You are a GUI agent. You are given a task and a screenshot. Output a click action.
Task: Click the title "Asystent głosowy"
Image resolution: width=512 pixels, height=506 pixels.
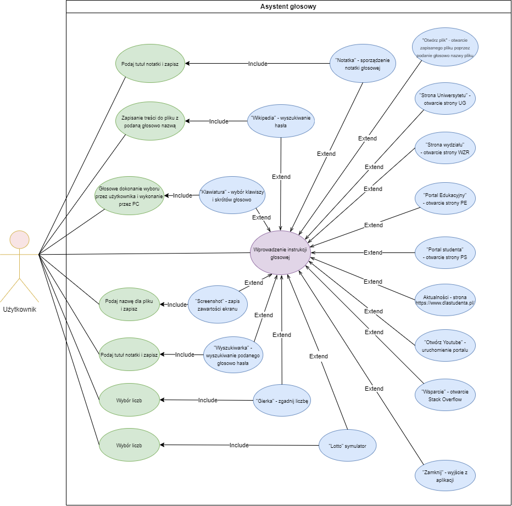pyautogui.click(x=288, y=7)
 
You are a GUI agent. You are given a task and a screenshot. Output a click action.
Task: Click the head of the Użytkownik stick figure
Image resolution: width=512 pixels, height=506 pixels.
pyautogui.click(x=20, y=240)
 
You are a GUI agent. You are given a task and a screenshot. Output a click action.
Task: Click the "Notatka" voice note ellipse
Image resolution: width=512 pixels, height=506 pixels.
pyautogui.click(x=362, y=64)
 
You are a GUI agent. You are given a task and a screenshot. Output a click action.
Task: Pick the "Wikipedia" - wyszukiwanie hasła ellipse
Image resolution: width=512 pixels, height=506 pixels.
pyautogui.click(x=281, y=121)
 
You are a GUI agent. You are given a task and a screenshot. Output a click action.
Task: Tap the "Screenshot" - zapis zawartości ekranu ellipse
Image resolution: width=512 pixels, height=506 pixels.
pyautogui.click(x=218, y=305)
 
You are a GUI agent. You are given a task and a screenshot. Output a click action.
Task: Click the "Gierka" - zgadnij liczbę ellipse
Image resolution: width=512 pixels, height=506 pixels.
pyautogui.click(x=282, y=401)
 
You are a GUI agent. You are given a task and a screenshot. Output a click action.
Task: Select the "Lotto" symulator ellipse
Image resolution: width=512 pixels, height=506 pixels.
pyautogui.click(x=348, y=445)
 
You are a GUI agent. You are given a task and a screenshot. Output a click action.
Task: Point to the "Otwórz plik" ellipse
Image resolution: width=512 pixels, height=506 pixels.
pyautogui.click(x=446, y=48)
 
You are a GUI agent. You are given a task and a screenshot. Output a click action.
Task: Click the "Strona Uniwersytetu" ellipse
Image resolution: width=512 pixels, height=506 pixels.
pyautogui.click(x=446, y=99)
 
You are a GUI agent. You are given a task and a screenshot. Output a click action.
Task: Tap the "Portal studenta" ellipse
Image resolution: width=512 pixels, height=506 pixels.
pyautogui.click(x=446, y=253)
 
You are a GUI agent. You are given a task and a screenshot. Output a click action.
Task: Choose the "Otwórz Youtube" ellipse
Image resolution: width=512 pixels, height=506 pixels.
pyautogui.click(x=446, y=346)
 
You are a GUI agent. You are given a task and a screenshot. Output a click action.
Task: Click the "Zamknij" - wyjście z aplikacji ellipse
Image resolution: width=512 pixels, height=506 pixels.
pyautogui.click(x=446, y=475)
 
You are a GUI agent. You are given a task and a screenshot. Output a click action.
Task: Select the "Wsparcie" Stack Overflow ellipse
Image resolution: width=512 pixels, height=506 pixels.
pyautogui.click(x=446, y=395)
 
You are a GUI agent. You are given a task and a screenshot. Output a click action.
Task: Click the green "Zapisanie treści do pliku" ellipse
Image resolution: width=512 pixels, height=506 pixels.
pyautogui.click(x=149, y=121)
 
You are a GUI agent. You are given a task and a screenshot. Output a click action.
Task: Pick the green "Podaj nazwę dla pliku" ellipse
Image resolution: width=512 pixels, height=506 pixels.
pyautogui.click(x=129, y=305)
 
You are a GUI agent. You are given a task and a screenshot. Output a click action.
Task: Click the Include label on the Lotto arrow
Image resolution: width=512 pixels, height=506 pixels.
pyautogui.click(x=239, y=445)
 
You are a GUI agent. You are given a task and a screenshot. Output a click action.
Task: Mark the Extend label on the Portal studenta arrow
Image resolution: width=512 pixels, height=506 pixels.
pyautogui.click(x=373, y=252)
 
